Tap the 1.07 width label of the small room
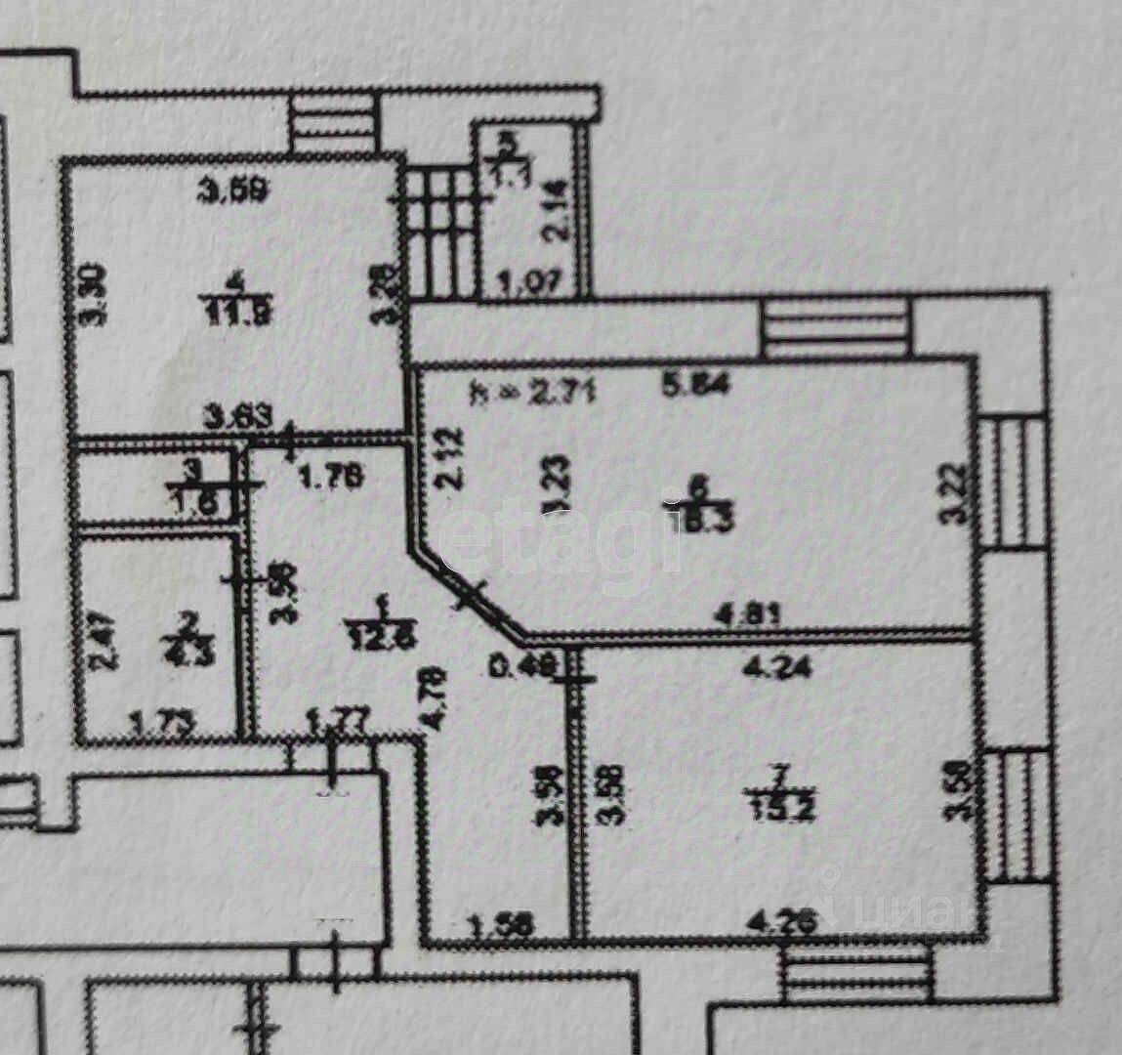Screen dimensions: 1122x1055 pos(530,283)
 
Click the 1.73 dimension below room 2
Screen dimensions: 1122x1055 pos(161,723)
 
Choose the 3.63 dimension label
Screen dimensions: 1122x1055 pos(236,418)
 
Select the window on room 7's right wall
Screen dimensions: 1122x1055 pos(1016,816)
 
